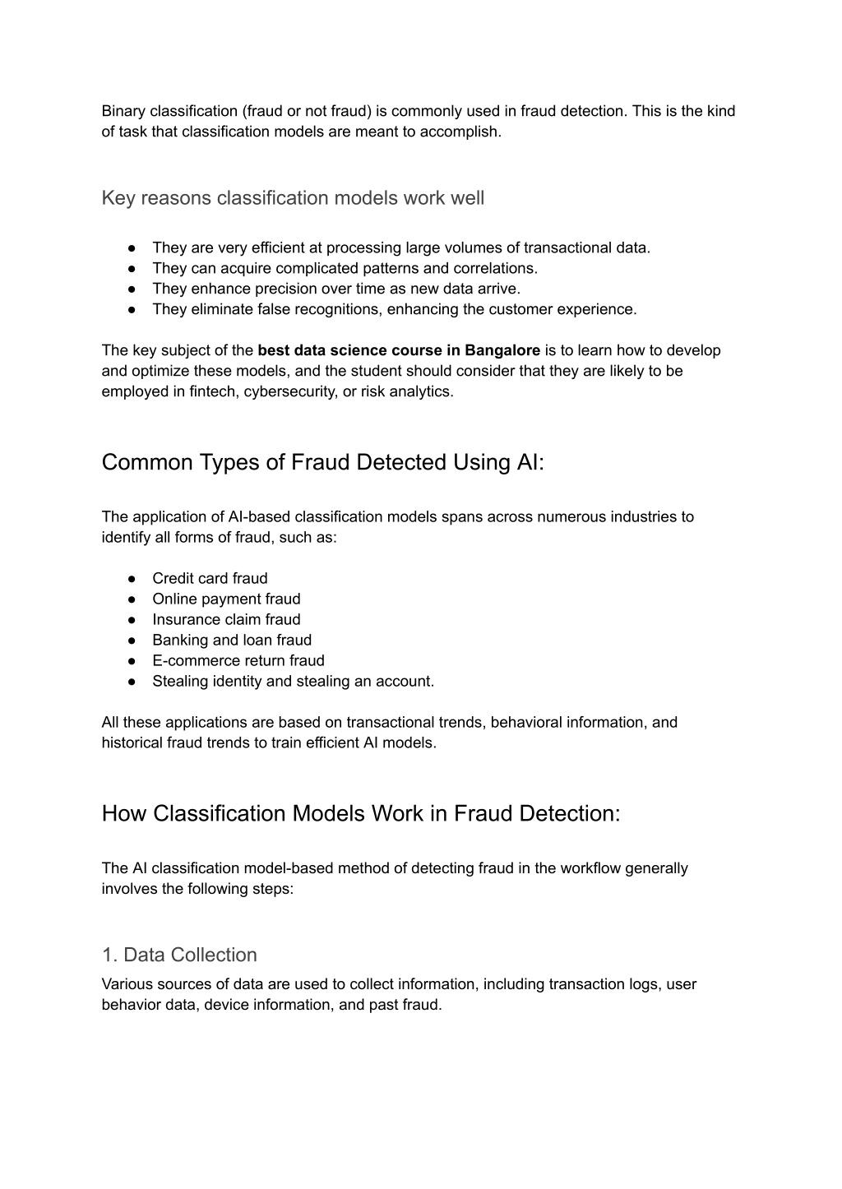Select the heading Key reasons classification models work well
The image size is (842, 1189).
pyautogui.click(x=293, y=198)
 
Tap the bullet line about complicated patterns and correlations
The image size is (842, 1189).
pyautogui.click(x=345, y=268)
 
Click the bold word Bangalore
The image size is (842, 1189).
pyautogui.click(x=502, y=350)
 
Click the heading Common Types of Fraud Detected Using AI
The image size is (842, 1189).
pyautogui.click(x=323, y=462)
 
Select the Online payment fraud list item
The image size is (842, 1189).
pyautogui.click(x=226, y=599)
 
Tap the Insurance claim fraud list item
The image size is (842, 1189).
pyautogui.click(x=226, y=619)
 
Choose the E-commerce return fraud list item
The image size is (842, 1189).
pyautogui.click(x=238, y=660)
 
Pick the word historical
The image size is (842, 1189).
pyautogui.click(x=133, y=743)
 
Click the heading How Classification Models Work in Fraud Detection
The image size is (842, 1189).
pyautogui.click(x=361, y=813)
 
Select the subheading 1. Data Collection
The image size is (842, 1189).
pyautogui.click(x=179, y=955)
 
